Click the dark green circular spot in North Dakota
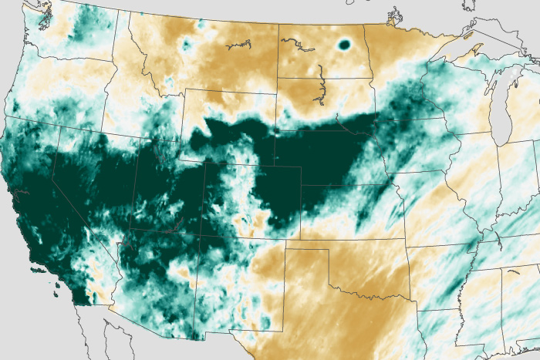click(344, 45)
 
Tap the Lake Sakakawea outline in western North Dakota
click(294, 45)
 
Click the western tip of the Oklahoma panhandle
click(286, 249)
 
